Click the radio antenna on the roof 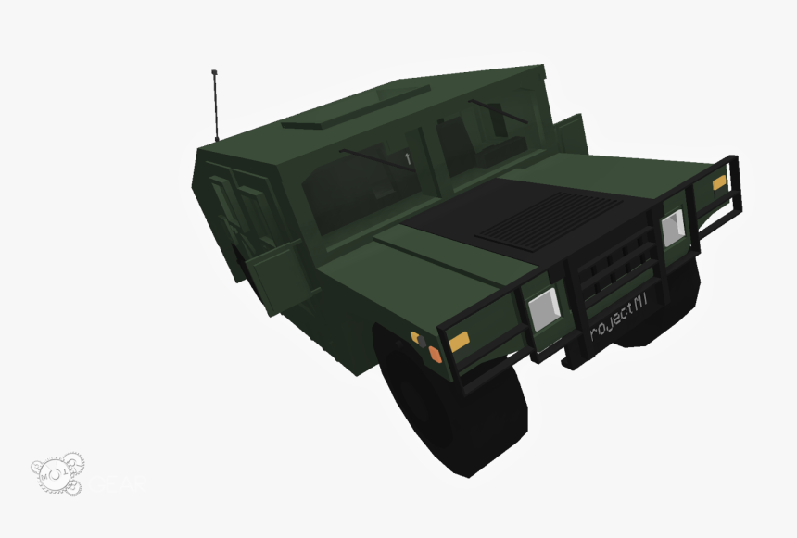[216, 102]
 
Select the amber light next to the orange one [459, 342]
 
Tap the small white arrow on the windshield [408, 158]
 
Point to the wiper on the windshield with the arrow [371, 158]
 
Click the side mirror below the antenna [278, 264]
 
